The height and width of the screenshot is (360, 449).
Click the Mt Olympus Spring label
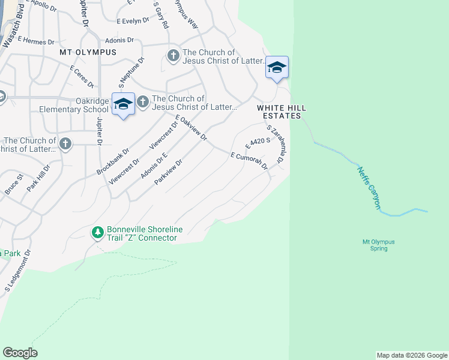379,245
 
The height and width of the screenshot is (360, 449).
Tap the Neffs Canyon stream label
369,188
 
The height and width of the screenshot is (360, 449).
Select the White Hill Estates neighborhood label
282,111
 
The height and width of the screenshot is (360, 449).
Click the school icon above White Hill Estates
277,67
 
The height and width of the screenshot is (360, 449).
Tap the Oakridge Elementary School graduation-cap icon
123,104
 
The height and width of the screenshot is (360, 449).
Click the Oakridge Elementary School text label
74,105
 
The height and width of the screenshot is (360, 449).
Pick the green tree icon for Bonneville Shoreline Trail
97,232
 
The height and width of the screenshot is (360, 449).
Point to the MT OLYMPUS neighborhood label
88,52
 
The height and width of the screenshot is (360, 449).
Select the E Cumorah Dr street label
248,161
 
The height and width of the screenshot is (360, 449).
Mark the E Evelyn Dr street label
133,20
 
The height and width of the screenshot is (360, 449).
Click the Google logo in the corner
20,353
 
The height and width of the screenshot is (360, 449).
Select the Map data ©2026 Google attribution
412,355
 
